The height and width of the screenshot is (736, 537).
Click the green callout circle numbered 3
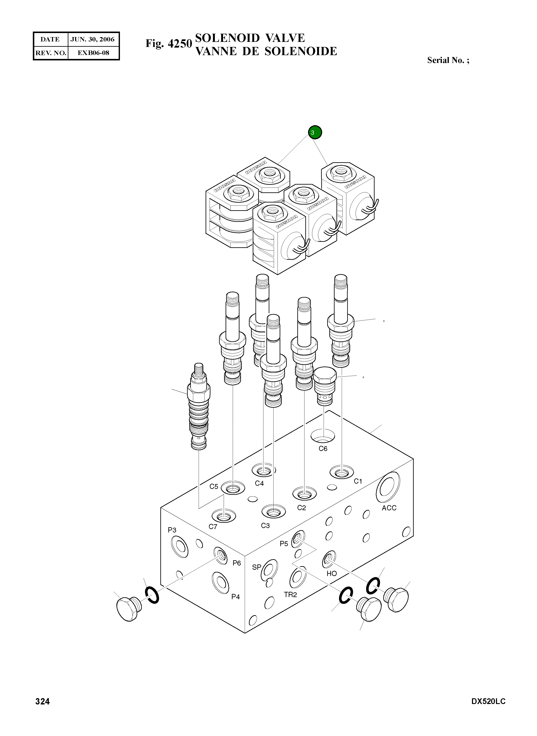[x=315, y=132]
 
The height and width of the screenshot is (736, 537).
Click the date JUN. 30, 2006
[x=93, y=40]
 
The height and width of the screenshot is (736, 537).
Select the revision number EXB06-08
[x=93, y=53]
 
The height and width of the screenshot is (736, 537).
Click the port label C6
[x=323, y=449]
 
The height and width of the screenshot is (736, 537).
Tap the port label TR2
[x=290, y=595]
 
